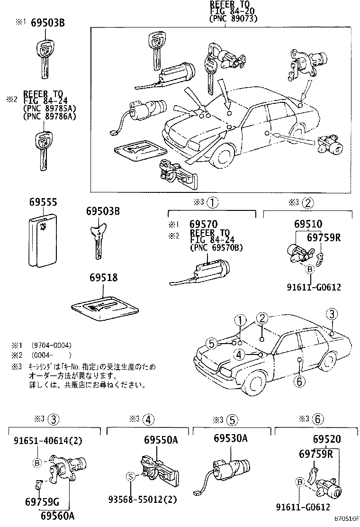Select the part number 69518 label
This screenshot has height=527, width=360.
click(101, 278)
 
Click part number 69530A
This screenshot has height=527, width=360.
click(230, 438)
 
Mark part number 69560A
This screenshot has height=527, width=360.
click(57, 516)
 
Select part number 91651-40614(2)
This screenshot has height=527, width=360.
click(47, 440)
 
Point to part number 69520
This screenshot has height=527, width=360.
click(326, 440)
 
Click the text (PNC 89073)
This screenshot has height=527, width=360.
click(233, 19)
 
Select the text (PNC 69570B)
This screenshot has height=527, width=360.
click(216, 247)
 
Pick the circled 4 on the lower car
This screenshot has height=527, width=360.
click(239, 354)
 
